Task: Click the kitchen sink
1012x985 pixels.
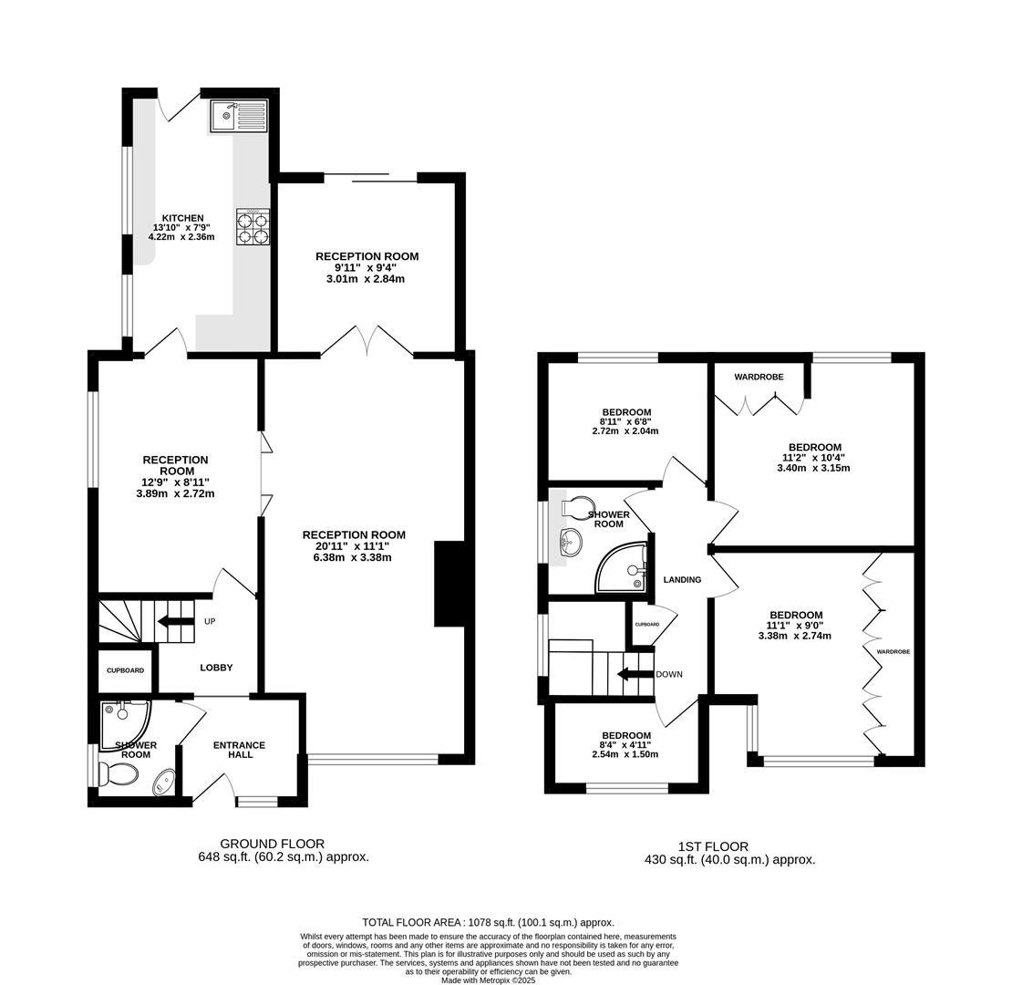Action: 238,116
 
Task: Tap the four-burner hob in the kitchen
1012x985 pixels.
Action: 253,226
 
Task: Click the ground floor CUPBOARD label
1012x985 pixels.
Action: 125,670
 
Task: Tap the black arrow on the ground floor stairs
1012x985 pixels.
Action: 176,622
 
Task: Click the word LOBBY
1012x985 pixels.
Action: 216,668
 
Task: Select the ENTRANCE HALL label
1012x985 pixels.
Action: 240,750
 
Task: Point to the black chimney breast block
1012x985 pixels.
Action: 449,584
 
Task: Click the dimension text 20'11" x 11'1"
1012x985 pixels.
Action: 353,546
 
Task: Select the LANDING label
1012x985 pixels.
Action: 682,580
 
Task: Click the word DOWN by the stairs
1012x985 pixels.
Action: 669,675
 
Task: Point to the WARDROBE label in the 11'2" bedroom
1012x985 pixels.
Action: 759,377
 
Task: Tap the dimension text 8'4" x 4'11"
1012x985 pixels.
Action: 625,745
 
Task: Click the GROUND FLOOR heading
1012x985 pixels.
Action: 273,844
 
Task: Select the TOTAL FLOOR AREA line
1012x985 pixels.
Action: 488,922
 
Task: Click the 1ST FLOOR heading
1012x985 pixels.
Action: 713,846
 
